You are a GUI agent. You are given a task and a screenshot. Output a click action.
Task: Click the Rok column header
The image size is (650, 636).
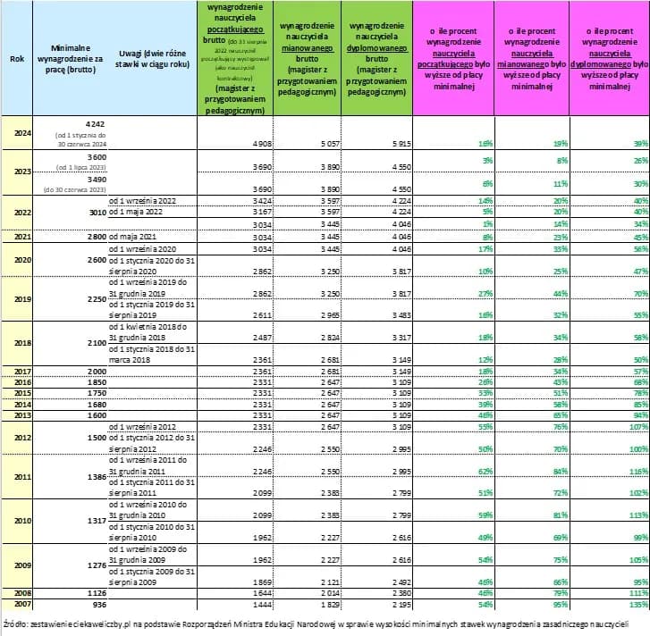16,58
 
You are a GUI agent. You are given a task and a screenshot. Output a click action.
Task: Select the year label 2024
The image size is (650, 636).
17,132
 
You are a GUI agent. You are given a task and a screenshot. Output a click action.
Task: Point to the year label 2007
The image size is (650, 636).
17,603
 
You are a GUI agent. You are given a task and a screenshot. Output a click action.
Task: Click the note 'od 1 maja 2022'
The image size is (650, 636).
138,213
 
